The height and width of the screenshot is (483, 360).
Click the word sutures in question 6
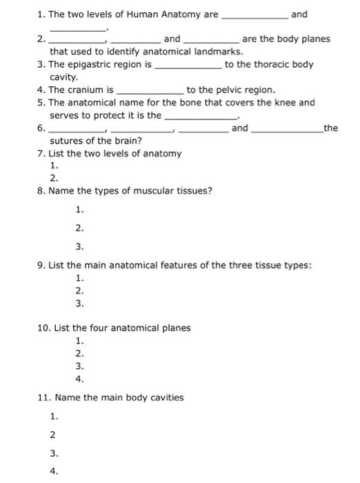[x=66, y=141]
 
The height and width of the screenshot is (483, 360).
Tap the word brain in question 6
[x=126, y=141]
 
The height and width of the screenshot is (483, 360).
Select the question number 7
[x=41, y=153]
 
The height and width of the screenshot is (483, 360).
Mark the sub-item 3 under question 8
[x=79, y=246]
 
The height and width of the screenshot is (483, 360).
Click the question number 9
[x=41, y=265]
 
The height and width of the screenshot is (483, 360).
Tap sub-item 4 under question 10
[x=79, y=379]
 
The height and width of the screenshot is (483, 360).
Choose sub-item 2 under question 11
[x=53, y=435]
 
